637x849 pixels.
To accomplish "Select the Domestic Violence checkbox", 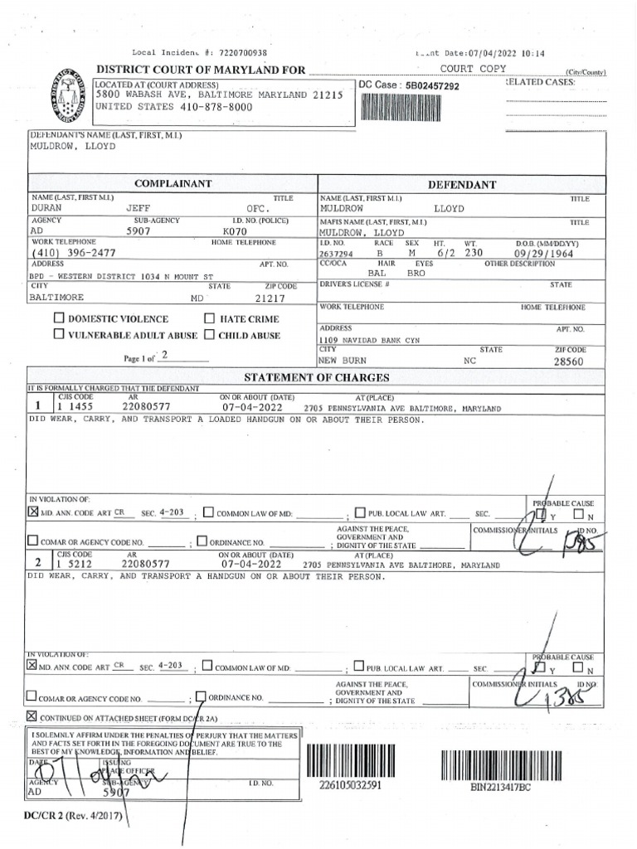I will click(x=59, y=318).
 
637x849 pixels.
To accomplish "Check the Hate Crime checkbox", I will click(x=210, y=318).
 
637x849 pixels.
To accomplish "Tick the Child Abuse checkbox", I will click(x=210, y=335).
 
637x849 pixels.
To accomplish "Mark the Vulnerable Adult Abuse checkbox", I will click(x=59, y=335).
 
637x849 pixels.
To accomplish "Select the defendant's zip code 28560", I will click(x=570, y=361).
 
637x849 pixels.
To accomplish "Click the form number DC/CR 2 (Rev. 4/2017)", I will click(x=72, y=817).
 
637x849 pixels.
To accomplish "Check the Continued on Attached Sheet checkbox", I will click(x=32, y=716).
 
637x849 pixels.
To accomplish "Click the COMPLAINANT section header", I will click(x=173, y=183).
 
